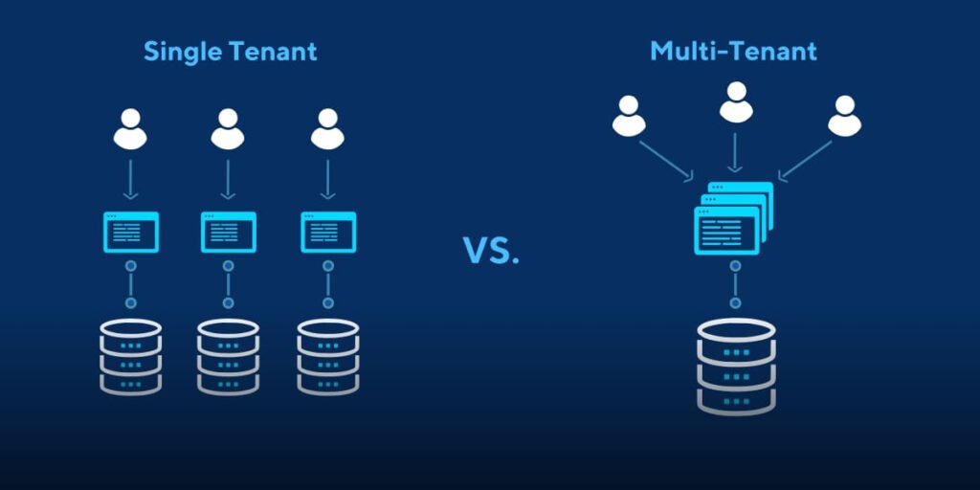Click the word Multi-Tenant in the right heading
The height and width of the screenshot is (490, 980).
733,51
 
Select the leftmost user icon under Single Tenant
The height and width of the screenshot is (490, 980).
130,129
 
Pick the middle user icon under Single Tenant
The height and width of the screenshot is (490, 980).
228,129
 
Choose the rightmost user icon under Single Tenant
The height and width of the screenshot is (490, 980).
327,129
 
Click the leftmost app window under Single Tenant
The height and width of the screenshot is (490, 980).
130,233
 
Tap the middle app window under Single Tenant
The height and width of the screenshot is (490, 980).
228,233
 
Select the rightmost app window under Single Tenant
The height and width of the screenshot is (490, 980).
327,233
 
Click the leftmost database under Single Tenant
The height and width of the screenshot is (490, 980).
130,356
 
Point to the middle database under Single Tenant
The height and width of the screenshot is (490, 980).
228,356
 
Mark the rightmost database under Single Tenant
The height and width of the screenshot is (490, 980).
327,356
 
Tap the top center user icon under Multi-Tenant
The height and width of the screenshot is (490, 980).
735,101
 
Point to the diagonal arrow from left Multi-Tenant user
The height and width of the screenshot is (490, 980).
667,160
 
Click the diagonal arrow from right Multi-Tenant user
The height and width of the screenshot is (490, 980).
805,160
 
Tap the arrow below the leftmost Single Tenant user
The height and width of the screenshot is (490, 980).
130,180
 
